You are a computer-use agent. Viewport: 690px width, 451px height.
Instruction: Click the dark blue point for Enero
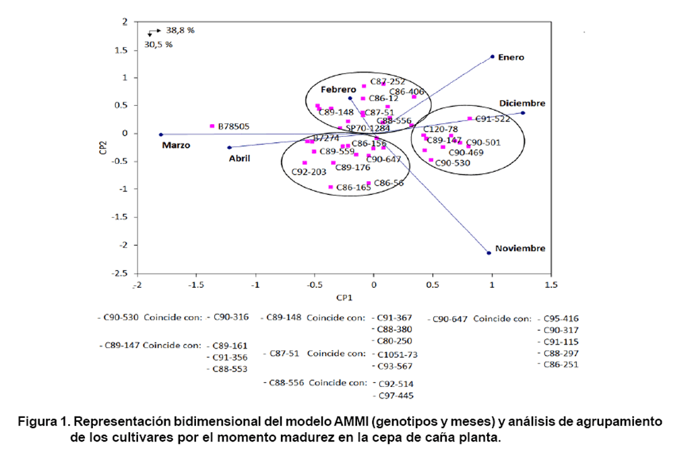(x=493, y=57)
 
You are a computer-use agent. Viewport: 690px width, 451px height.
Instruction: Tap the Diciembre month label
(x=522, y=103)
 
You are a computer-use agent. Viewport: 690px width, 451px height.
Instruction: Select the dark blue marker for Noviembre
(x=489, y=253)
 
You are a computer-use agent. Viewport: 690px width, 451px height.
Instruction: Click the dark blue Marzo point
(x=160, y=134)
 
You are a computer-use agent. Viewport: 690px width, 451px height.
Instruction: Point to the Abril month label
(x=239, y=158)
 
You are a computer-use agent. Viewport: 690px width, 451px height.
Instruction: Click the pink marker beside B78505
(x=212, y=126)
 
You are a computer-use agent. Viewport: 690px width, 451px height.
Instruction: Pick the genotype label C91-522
(x=493, y=119)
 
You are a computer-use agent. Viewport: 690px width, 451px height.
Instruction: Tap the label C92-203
(x=309, y=172)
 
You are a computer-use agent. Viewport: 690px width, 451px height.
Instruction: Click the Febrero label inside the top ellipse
(x=338, y=89)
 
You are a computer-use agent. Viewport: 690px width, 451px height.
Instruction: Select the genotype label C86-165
(x=354, y=187)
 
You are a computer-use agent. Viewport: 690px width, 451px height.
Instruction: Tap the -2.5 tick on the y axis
(x=120, y=274)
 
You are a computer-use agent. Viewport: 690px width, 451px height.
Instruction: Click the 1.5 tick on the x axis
(x=551, y=285)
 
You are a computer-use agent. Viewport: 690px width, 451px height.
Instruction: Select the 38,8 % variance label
(x=181, y=30)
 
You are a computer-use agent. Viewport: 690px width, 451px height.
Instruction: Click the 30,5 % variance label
(x=158, y=44)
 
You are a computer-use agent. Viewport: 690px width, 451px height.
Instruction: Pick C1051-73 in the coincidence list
(x=398, y=354)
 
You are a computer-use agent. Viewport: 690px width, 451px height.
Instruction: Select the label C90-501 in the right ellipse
(x=483, y=142)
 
